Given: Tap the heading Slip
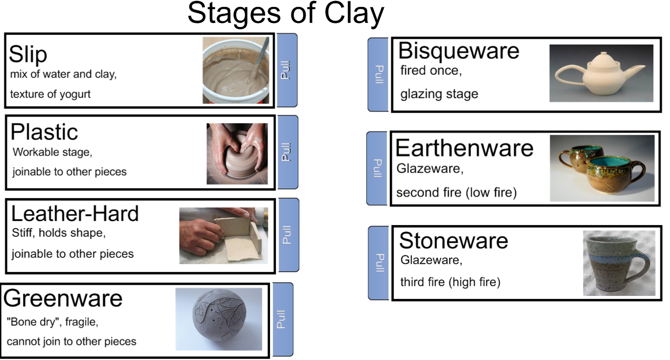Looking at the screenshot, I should (x=28, y=54).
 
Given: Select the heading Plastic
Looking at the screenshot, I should (x=45, y=132).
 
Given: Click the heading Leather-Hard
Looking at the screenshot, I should (x=75, y=214).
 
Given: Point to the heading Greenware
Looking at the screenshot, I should (x=63, y=298).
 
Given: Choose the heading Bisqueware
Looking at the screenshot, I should (x=459, y=51).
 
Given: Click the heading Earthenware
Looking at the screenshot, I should (x=464, y=148).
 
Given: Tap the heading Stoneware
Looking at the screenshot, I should (x=453, y=241).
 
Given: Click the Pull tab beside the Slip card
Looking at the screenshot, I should (x=287, y=70).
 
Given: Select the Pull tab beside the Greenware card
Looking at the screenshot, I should (x=282, y=319).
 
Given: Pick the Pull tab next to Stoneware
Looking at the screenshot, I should (x=380, y=263).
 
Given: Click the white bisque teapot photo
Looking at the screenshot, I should (x=601, y=73).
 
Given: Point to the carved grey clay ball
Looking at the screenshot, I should (x=219, y=318).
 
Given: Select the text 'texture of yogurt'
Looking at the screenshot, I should (x=50, y=94).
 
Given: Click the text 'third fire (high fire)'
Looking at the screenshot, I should (x=450, y=282).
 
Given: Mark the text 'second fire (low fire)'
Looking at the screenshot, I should (x=456, y=193).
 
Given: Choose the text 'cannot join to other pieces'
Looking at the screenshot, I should (x=71, y=341).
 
